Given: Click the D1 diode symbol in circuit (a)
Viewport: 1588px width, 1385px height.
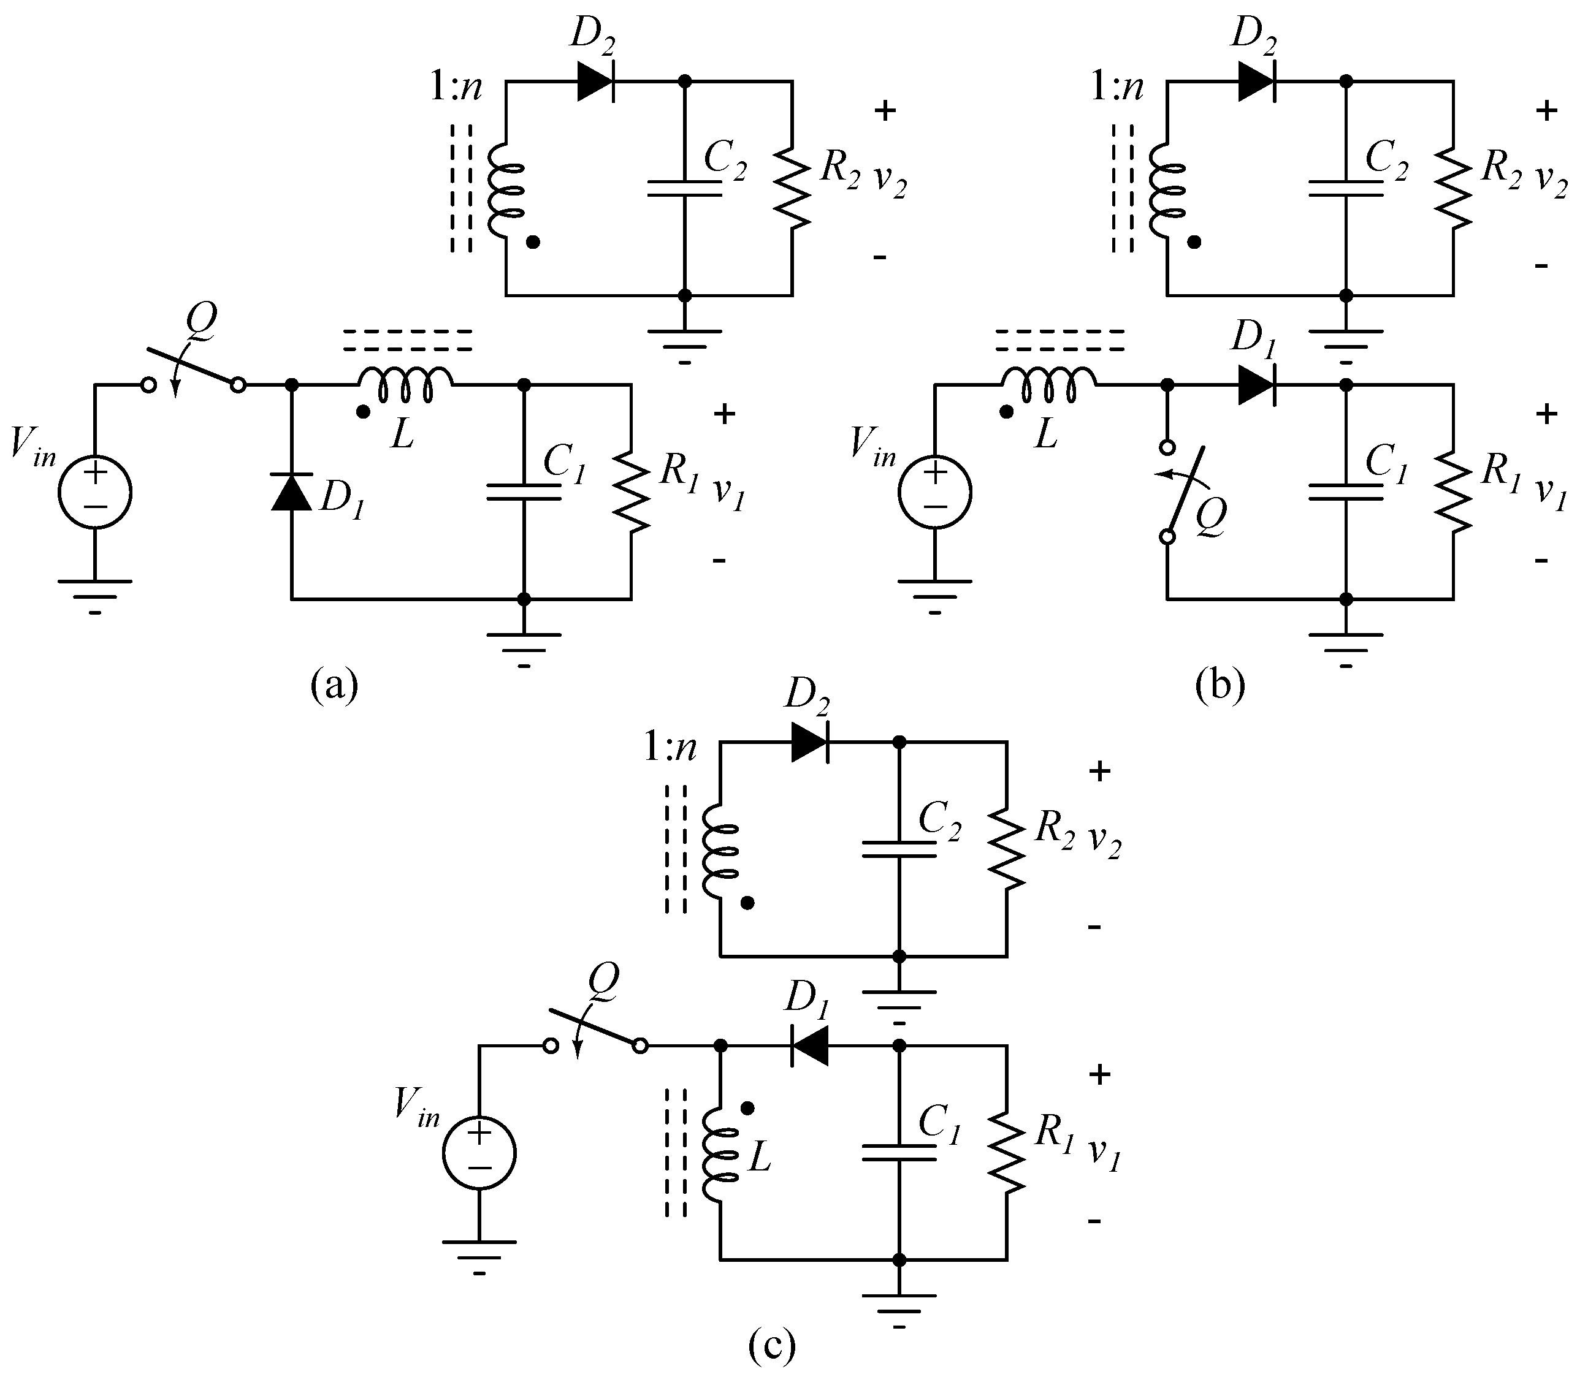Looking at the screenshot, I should pos(291,492).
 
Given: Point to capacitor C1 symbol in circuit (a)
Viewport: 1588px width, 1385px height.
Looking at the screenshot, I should pos(524,492).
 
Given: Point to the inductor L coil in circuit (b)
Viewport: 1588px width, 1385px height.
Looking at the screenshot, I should pos(1048,385).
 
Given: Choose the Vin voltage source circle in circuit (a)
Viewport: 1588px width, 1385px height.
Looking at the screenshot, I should pos(95,492).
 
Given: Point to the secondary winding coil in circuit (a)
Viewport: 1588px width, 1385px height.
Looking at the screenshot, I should pos(504,189).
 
